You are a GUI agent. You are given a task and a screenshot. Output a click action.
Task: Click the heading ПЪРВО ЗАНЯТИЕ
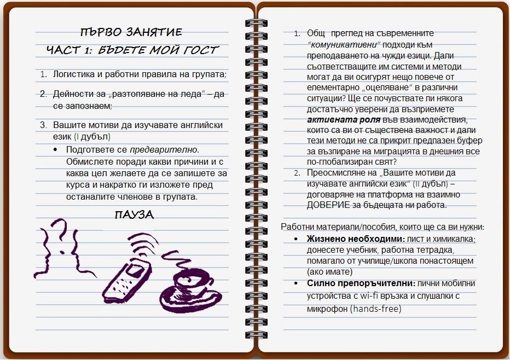(x=131, y=32)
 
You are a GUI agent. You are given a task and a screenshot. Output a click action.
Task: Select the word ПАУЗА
(x=134, y=214)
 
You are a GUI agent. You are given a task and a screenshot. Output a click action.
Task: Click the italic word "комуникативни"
(x=344, y=44)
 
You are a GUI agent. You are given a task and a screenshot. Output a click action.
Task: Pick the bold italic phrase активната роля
(x=344, y=120)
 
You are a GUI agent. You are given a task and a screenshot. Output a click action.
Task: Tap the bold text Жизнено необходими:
(x=356, y=239)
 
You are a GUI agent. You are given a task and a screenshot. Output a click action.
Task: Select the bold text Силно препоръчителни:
(x=361, y=283)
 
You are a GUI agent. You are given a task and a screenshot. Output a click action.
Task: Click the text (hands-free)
(x=376, y=309)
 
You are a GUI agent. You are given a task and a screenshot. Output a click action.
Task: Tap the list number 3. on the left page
(x=43, y=125)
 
